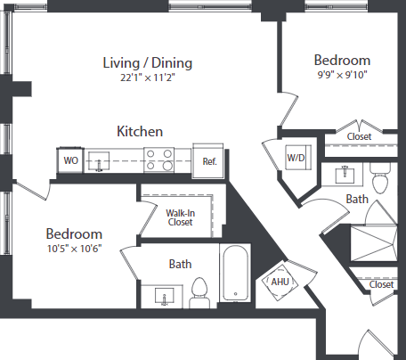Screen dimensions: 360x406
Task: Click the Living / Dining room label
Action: tap(148, 62)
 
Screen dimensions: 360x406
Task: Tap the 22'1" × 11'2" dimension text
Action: tap(148, 77)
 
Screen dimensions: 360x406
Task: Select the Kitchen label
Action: tap(140, 131)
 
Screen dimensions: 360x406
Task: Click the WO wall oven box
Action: tap(69, 161)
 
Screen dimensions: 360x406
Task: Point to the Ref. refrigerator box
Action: tap(210, 161)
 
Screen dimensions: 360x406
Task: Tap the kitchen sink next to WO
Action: tap(103, 160)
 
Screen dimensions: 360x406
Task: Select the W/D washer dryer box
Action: tap(295, 159)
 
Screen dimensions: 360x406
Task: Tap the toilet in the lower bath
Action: tap(199, 289)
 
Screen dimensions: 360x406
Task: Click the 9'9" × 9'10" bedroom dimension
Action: tap(341, 75)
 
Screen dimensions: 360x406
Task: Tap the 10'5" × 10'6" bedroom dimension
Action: tap(81, 248)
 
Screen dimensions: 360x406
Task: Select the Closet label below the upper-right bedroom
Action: tap(359, 136)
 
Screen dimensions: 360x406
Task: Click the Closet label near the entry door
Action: tap(381, 284)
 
